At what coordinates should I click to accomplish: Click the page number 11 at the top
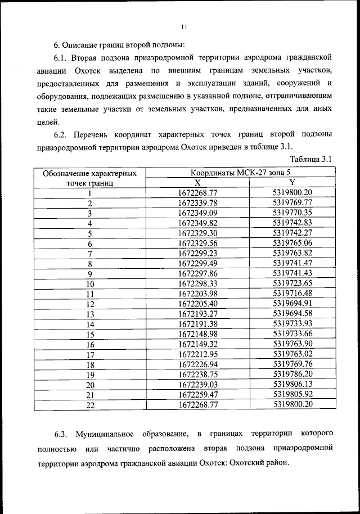click(183, 27)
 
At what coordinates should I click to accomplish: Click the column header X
click(197, 183)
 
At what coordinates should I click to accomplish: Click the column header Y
click(292, 183)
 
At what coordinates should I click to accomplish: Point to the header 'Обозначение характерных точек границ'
click(89, 178)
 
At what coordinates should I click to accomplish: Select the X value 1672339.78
click(197, 203)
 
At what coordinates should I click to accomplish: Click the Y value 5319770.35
click(292, 213)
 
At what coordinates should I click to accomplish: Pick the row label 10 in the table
click(89, 284)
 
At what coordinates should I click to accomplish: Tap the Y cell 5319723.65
click(292, 283)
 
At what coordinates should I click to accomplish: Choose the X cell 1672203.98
click(197, 294)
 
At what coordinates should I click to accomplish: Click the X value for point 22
click(197, 404)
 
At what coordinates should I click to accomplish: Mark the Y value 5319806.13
click(292, 384)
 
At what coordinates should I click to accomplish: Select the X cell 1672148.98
click(197, 334)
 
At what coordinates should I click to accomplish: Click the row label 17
click(89, 355)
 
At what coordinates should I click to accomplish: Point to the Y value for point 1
click(292, 193)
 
